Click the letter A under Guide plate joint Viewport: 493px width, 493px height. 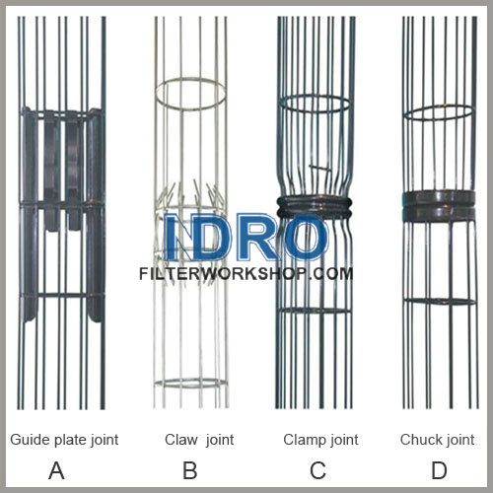point(56,469)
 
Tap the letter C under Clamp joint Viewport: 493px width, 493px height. point(317,469)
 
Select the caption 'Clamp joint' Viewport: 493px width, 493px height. point(319,439)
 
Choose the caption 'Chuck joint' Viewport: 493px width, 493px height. point(437,439)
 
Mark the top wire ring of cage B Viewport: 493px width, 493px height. point(189,93)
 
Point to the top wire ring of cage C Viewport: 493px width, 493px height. point(315,104)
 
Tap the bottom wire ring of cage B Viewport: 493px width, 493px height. point(190,383)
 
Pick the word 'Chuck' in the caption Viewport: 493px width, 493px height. point(420,439)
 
